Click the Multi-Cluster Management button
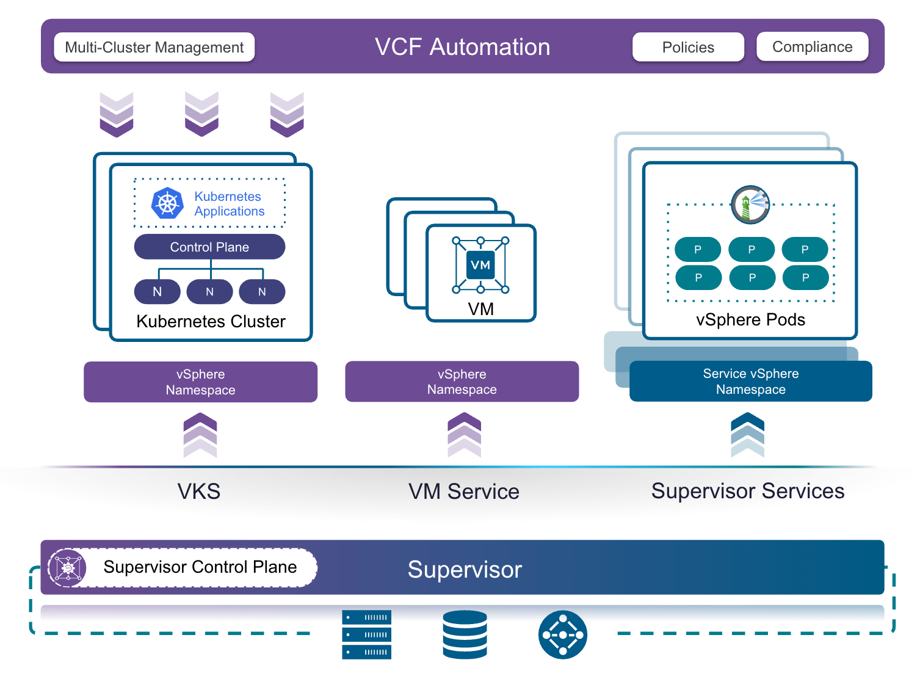coord(154,47)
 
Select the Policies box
coord(688,47)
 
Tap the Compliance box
coord(812,46)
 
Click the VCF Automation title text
coord(462,47)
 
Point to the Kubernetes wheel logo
coord(167,204)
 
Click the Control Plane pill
coord(209,247)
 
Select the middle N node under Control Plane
coord(209,292)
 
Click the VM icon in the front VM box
coord(480,265)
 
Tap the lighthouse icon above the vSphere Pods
coord(750,205)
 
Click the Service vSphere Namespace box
coord(750,381)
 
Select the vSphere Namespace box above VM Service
coord(462,381)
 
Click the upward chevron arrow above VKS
coord(200,435)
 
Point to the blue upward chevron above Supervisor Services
coord(747,435)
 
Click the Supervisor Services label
coord(747,491)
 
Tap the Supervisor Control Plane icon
coord(68,568)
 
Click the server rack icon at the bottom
coord(366,634)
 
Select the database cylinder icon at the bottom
coord(465,634)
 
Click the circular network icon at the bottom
coord(563,634)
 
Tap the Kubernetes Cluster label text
coord(211,321)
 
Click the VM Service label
coord(463,492)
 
